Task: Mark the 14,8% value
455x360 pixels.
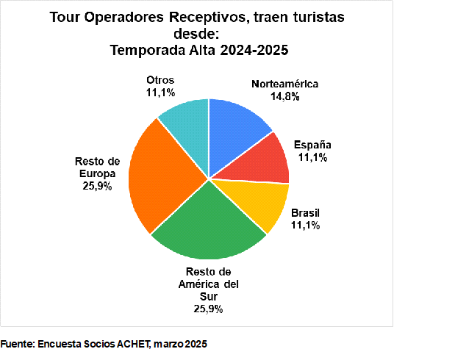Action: pyautogui.click(x=285, y=96)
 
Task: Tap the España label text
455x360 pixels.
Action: pyautogui.click(x=313, y=145)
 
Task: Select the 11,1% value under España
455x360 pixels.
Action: pyautogui.click(x=313, y=156)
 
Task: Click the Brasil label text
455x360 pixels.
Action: pyautogui.click(x=305, y=213)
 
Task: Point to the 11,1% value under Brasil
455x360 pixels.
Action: pyautogui.click(x=305, y=225)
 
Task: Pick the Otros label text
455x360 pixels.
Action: pyautogui.click(x=160, y=79)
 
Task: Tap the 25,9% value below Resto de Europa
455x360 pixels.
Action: pyautogui.click(x=98, y=187)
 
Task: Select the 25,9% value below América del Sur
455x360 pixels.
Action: pyautogui.click(x=208, y=309)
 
